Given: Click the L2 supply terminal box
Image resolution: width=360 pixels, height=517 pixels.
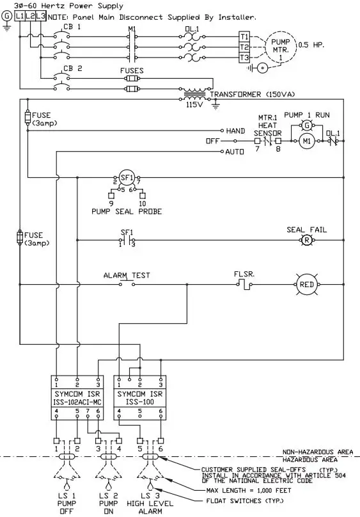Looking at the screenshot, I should [x=29, y=15].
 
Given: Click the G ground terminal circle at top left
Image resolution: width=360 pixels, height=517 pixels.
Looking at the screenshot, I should [x=7, y=15].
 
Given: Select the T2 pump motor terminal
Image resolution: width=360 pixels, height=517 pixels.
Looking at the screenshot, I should [x=244, y=47].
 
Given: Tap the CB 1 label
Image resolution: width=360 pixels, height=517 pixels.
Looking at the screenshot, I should [x=72, y=28].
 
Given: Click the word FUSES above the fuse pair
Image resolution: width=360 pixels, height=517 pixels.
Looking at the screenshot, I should [x=132, y=71].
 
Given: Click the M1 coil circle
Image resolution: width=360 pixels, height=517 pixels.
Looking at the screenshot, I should [x=306, y=141].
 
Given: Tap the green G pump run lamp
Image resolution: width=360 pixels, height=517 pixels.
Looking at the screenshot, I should [x=306, y=124].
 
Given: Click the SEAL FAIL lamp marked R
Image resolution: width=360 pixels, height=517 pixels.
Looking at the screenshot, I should [x=306, y=241].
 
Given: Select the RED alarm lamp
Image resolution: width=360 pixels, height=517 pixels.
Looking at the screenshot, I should [x=306, y=284].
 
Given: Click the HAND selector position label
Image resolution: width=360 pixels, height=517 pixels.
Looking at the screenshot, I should [x=235, y=131].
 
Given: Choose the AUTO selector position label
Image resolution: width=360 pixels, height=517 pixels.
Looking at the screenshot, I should [x=235, y=152].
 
